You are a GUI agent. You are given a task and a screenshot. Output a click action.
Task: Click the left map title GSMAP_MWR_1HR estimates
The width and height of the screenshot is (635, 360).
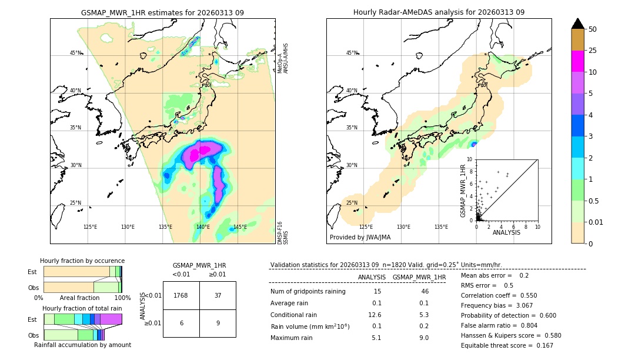tap(162, 12)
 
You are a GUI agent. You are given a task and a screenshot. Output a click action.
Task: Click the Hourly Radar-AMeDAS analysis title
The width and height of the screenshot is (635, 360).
tap(439, 12)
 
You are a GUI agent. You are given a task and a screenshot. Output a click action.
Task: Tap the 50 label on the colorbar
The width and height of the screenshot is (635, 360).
tap(593, 29)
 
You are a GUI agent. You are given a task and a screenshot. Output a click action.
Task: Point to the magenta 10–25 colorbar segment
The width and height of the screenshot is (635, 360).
tap(578, 61)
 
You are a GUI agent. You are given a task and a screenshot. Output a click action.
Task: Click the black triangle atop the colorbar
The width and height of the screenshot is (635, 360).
tap(578, 24)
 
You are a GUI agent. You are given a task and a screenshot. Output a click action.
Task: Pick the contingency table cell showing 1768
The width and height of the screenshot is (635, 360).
tap(181, 295)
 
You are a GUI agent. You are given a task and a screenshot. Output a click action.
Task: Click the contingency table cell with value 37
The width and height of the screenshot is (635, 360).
tap(218, 295)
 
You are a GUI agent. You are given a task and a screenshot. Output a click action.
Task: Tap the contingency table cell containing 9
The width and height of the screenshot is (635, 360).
tap(218, 323)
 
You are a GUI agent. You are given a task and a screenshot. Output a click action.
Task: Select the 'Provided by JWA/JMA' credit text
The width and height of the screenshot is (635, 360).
tap(360, 238)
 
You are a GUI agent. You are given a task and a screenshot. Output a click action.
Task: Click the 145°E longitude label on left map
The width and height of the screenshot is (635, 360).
tap(240, 227)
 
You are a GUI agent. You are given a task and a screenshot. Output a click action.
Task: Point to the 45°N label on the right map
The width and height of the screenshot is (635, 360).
tap(352, 53)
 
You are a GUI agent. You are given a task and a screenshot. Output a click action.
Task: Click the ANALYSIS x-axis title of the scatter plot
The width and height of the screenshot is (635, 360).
tap(506, 232)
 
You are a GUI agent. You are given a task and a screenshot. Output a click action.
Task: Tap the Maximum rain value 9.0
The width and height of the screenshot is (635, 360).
tap(423, 338)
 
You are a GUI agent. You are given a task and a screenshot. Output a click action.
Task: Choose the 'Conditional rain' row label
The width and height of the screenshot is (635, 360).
tap(293, 315)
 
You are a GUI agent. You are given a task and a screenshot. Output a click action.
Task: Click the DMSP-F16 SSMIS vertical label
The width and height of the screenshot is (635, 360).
tap(282, 232)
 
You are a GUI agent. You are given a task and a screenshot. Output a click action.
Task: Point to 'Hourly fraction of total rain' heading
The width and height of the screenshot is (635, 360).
tap(82, 308)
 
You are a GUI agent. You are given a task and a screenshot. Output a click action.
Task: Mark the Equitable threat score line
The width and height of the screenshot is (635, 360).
tap(498, 346)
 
